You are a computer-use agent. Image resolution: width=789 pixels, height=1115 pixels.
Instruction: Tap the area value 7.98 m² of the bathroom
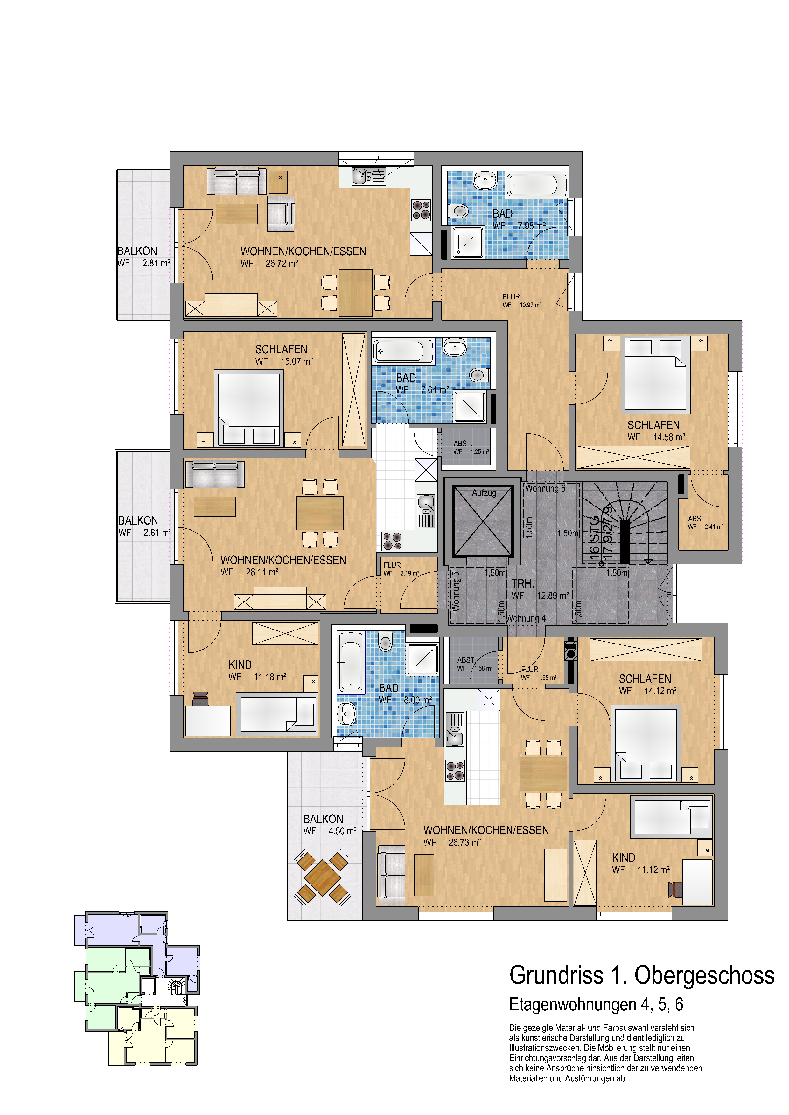click(532, 226)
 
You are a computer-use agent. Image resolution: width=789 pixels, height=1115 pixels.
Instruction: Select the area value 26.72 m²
click(282, 264)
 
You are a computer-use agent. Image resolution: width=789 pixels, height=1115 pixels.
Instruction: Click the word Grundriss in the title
click(556, 976)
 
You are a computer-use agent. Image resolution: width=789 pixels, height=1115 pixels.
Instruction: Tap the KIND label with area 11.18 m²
click(240, 665)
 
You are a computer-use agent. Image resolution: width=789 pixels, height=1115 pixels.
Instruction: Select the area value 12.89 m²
click(553, 595)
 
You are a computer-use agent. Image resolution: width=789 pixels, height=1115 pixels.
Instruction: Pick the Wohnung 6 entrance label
click(545, 489)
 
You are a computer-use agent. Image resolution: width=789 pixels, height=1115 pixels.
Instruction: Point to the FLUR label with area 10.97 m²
click(511, 297)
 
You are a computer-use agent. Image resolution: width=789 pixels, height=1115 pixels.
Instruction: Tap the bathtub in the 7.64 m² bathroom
click(403, 351)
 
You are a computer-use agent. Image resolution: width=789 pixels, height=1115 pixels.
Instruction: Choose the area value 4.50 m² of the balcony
click(343, 831)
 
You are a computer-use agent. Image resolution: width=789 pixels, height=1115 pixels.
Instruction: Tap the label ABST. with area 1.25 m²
click(463, 444)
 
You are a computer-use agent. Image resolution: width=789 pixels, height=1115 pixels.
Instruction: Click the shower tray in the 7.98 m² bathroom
click(467, 242)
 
